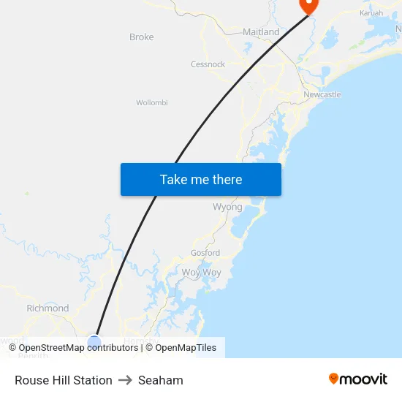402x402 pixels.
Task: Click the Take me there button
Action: pyautogui.click(x=200, y=179)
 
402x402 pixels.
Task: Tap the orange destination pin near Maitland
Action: pyautogui.click(x=308, y=4)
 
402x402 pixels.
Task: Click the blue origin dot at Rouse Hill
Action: pyautogui.click(x=94, y=341)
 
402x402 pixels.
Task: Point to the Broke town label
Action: pyautogui.click(x=141, y=37)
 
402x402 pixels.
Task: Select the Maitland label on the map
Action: pyautogui.click(x=261, y=32)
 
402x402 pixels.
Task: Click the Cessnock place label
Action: pyautogui.click(x=208, y=64)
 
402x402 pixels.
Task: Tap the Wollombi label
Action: pyautogui.click(x=152, y=103)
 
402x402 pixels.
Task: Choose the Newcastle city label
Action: pyautogui.click(x=322, y=95)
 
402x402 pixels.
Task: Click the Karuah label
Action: pyautogui.click(x=371, y=13)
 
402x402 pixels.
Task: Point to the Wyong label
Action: pyautogui.click(x=227, y=207)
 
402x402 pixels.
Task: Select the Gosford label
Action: pyautogui.click(x=205, y=253)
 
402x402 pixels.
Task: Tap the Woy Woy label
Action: pyautogui.click(x=201, y=272)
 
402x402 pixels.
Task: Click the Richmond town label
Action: pyautogui.click(x=48, y=308)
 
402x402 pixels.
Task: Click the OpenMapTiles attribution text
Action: pyautogui.click(x=181, y=348)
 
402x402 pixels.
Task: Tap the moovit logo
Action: pyautogui.click(x=358, y=379)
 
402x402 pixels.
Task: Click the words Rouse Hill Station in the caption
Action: pyautogui.click(x=64, y=380)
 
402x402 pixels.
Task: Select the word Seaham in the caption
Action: pyautogui.click(x=161, y=380)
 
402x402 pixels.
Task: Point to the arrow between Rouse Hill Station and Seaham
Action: pyautogui.click(x=125, y=380)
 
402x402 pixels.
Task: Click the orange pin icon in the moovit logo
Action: pyautogui.click(x=334, y=379)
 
